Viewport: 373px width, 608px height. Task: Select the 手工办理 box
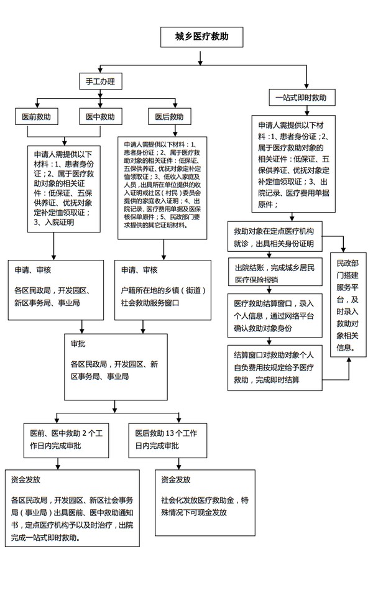99,81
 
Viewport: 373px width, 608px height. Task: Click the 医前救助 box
37,116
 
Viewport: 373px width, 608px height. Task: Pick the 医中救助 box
99,116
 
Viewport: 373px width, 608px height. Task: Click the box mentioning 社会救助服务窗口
163,289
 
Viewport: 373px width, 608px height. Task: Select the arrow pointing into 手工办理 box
99,70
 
